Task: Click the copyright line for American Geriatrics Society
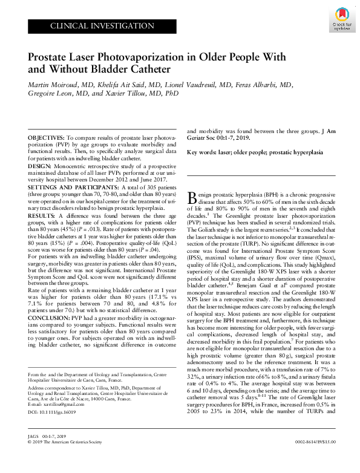tap(70, 459)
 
